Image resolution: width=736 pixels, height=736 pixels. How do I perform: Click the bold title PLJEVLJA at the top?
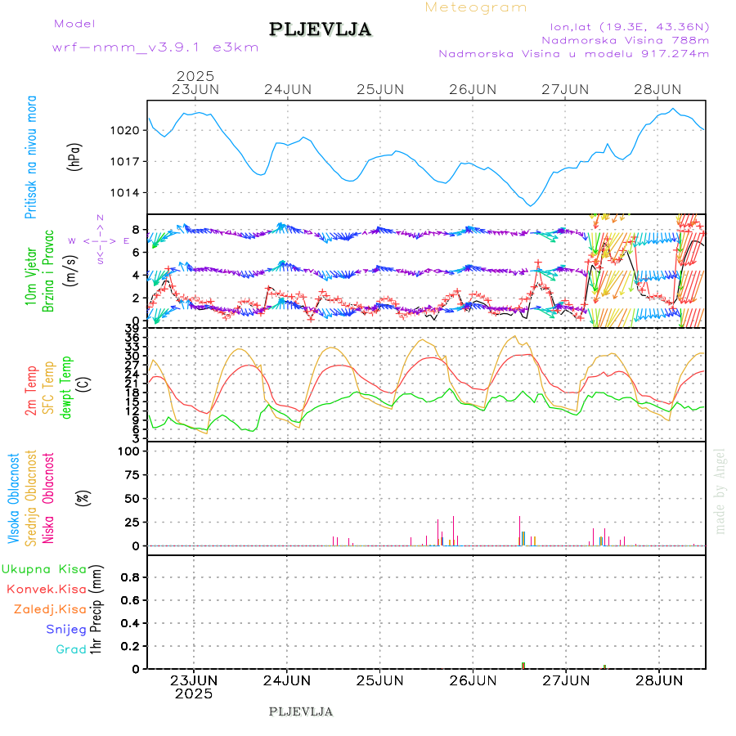tap(320, 29)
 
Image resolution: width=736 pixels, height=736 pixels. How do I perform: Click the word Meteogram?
tap(476, 7)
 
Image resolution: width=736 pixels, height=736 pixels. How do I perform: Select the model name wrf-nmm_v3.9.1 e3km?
tap(155, 47)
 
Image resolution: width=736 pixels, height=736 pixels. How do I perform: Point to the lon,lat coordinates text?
tap(629, 25)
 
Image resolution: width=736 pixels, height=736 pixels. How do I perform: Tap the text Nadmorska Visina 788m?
tap(625, 39)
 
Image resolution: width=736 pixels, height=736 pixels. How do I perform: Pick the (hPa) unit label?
tap(75, 156)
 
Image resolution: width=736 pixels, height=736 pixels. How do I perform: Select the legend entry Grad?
tap(71, 649)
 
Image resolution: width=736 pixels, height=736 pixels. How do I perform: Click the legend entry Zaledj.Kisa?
tap(50, 609)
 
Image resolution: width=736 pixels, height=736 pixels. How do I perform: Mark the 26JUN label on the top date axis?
tap(473, 89)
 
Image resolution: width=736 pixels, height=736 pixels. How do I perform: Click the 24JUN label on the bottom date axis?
tap(287, 680)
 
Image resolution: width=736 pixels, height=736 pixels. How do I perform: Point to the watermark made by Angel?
tap(720, 491)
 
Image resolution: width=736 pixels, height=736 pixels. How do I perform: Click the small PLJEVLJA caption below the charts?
tap(300, 711)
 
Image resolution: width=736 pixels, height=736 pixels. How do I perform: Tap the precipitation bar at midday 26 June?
tap(523, 665)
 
